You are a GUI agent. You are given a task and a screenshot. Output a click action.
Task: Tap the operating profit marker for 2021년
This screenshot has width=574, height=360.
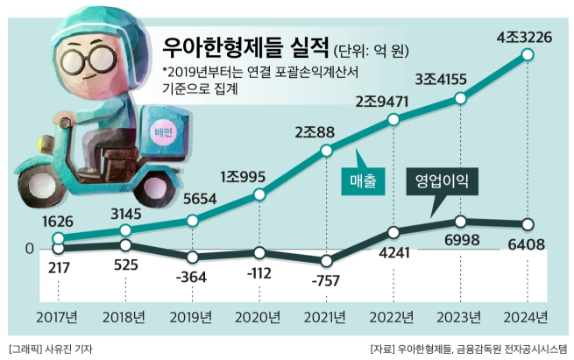[326, 260]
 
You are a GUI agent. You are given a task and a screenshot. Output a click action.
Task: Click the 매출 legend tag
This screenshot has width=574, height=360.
[358, 181]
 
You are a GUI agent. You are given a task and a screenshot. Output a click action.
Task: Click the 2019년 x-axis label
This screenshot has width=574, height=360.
[192, 316]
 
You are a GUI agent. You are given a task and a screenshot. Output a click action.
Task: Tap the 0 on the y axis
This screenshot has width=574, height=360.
[29, 250]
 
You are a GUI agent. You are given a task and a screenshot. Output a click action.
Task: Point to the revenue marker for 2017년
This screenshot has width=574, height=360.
[58, 238]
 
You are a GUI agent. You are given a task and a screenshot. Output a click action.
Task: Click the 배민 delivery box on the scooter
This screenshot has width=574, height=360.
[164, 131]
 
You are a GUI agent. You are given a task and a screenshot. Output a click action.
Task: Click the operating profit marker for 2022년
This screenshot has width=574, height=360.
[393, 233]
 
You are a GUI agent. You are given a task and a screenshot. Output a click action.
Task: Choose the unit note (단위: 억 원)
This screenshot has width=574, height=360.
[372, 47]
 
